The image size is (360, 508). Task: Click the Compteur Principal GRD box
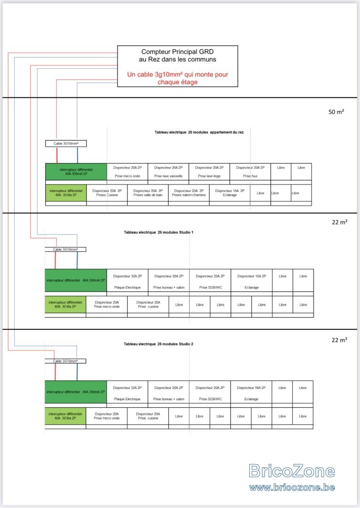coord(177,66)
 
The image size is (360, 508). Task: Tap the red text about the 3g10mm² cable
coord(177,78)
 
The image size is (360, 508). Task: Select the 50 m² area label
coord(336,112)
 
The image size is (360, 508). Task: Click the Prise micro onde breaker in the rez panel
coord(127,172)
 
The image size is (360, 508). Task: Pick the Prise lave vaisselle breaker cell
coord(168,172)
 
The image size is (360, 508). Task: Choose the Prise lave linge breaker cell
coord(209,172)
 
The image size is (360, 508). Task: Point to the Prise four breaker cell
coord(250,172)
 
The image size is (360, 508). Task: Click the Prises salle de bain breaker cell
coord(148,193)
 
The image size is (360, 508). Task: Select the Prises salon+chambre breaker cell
coord(189,193)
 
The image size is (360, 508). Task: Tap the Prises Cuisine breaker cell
coord(107,193)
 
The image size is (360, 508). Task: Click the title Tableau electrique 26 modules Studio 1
coord(159,232)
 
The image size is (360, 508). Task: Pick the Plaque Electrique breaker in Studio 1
coord(127,280)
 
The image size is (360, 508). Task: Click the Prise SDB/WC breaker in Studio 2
coord(210,392)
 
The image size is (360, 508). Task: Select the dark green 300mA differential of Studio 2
coord(76,392)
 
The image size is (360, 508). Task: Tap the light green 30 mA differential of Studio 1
coord(65,304)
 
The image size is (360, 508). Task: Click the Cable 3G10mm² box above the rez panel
coord(66,143)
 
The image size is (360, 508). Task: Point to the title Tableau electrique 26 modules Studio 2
coord(158,344)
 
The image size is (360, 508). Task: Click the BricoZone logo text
coord(292,471)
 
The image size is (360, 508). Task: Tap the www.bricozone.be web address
coord(292,487)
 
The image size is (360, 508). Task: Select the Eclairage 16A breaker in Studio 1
coord(251,280)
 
